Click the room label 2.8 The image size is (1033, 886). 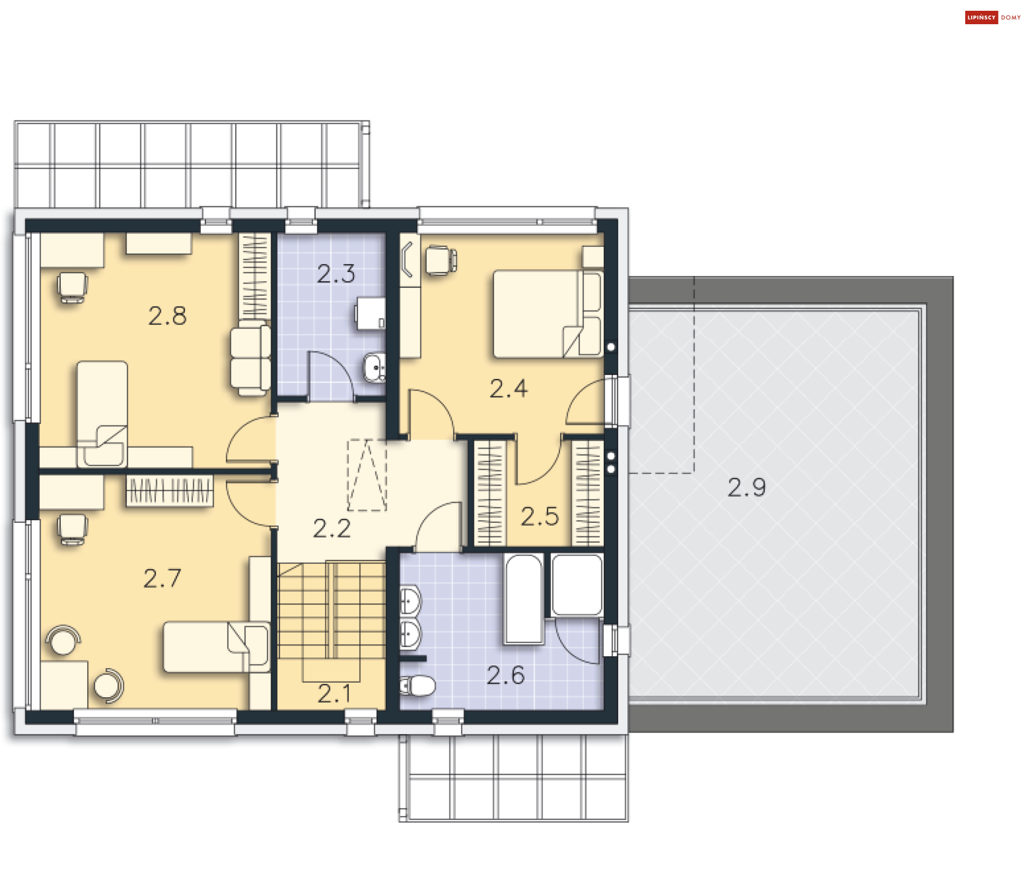[x=167, y=316]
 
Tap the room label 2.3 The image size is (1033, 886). [x=336, y=274]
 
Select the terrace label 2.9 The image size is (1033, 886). [x=746, y=487]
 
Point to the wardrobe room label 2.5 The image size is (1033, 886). [x=539, y=516]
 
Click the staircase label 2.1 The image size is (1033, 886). [x=334, y=693]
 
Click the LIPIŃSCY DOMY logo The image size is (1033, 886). [x=993, y=17]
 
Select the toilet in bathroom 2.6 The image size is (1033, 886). [x=419, y=686]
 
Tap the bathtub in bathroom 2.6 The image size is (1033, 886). [x=523, y=599]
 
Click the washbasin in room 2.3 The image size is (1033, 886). [x=374, y=367]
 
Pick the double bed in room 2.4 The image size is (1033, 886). [x=546, y=314]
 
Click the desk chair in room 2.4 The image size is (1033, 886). [x=440, y=260]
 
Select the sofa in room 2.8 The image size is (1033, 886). [x=250, y=359]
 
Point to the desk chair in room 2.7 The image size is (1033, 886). [x=72, y=529]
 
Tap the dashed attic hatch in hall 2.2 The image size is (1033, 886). [x=367, y=475]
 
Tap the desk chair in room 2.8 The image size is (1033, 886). [x=72, y=287]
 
